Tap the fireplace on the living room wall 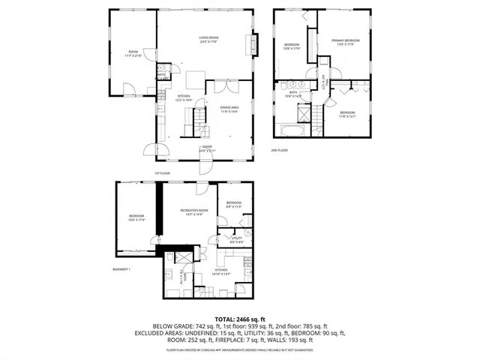pyautogui.click(x=253, y=44)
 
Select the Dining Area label pyautogui.click(x=229, y=109)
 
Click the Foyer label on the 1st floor pyautogui.click(x=206, y=148)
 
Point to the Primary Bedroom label pyautogui.click(x=346, y=42)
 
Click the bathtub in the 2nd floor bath pyautogui.click(x=292, y=130)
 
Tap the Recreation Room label pyautogui.click(x=193, y=213)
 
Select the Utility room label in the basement pyautogui.click(x=236, y=240)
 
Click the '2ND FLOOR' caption pyautogui.click(x=280, y=150)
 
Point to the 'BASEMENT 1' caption pyautogui.click(x=121, y=269)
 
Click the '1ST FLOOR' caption pyautogui.click(x=163, y=173)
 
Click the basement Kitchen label pyautogui.click(x=221, y=272)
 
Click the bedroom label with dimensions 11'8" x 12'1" pyautogui.click(x=347, y=114)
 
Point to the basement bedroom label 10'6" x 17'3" pyautogui.click(x=136, y=218)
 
